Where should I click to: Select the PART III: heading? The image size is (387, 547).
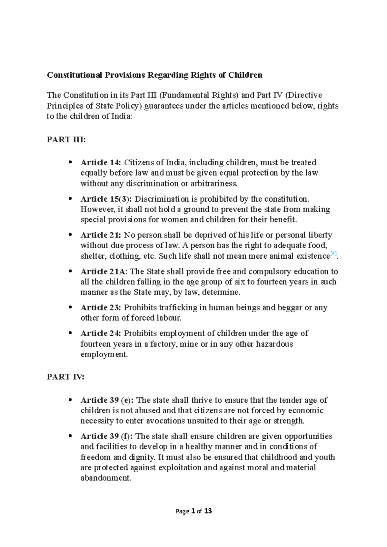point(66,139)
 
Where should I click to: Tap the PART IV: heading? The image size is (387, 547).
point(65,377)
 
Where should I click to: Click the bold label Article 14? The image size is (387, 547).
point(101,162)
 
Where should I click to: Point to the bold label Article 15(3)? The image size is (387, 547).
point(106,199)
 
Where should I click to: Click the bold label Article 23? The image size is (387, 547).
point(101,307)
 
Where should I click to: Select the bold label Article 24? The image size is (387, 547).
point(101,333)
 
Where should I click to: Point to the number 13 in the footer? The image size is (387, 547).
point(208,511)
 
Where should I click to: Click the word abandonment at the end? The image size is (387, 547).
point(106,478)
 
